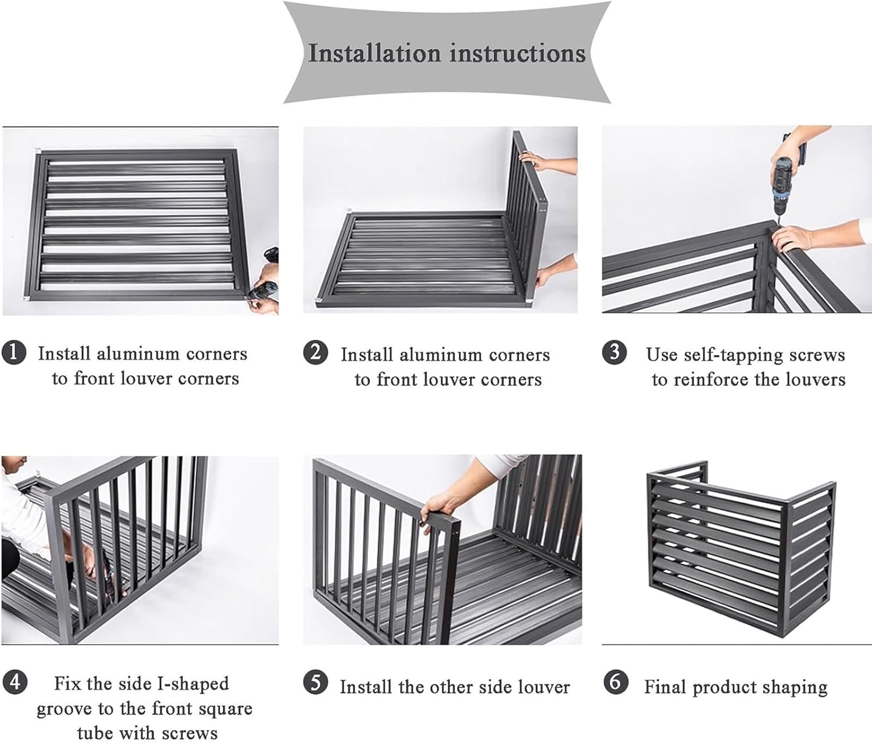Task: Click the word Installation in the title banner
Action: coord(374,53)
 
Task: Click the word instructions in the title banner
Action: coord(517,53)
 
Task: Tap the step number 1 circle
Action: coord(14,353)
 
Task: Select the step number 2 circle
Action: coord(315,353)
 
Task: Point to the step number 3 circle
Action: coord(614,353)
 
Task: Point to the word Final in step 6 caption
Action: coord(665,687)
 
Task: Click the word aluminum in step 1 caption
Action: coord(138,353)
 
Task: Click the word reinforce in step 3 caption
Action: coord(714,380)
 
